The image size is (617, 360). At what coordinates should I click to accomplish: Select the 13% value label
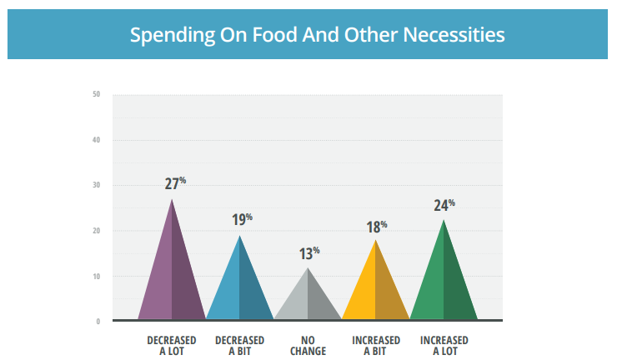coord(308,253)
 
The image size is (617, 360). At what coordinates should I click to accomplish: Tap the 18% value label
coord(376,227)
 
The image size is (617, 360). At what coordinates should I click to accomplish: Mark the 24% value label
coord(444,205)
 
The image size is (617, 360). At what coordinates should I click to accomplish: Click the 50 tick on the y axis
coord(97,94)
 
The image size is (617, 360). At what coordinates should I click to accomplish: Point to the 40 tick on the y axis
coord(97,140)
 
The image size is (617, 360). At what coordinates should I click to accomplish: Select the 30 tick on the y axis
coord(97,185)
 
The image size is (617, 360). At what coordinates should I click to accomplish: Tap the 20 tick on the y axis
coord(97,231)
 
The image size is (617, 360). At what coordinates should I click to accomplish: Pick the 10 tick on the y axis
coord(97,276)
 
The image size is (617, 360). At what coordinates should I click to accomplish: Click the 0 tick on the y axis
coord(98,322)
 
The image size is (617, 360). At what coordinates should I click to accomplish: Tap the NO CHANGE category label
coord(308,346)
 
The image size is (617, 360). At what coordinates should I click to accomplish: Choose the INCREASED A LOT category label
coord(444,346)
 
